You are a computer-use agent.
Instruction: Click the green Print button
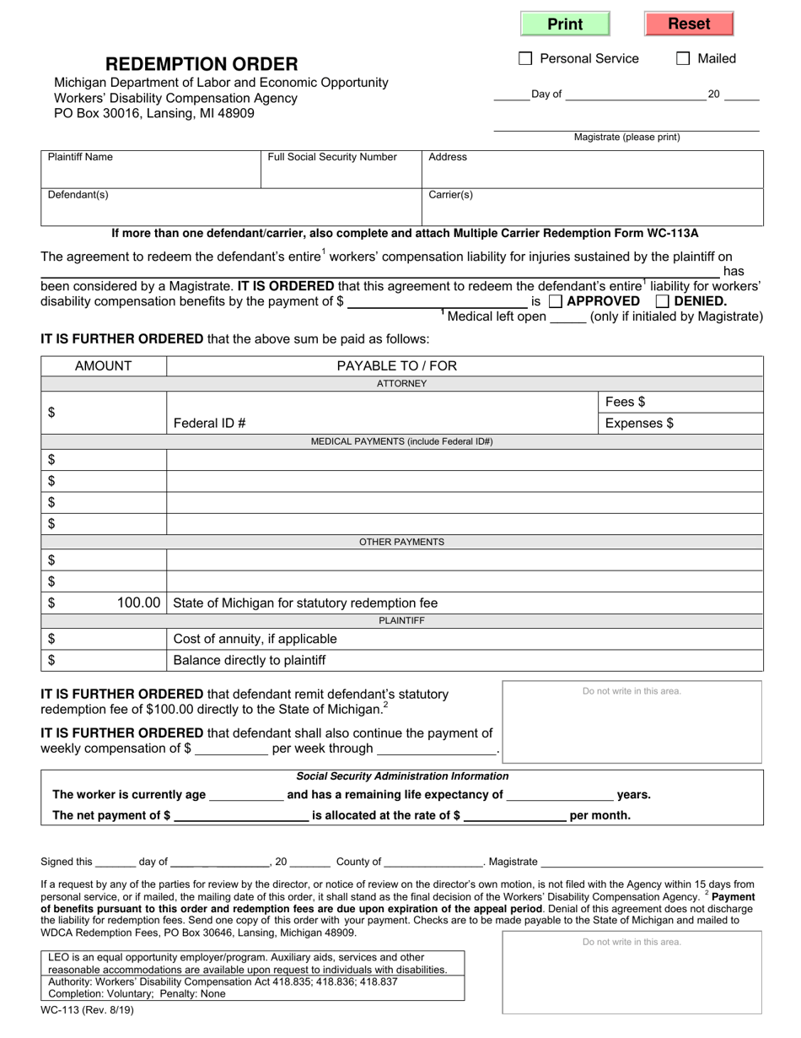[x=565, y=24]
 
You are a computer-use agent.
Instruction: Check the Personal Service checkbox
[x=525, y=58]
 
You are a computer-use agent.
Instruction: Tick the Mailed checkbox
[x=683, y=58]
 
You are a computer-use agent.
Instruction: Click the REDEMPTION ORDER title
[x=202, y=64]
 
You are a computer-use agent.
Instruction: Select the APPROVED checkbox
[x=556, y=301]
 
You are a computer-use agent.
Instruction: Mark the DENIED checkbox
[x=663, y=301]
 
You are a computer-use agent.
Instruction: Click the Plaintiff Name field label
[x=80, y=157]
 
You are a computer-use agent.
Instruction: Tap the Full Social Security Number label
[x=332, y=157]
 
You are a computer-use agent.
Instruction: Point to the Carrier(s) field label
[x=451, y=195]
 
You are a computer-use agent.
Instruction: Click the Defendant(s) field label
[x=78, y=195]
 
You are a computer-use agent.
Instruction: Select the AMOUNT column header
[x=104, y=366]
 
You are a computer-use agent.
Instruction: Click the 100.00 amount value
[x=138, y=603]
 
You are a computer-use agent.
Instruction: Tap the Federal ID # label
[x=209, y=424]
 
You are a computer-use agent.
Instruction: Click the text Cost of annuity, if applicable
[x=255, y=639]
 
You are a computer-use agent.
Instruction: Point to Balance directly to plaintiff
[x=249, y=660]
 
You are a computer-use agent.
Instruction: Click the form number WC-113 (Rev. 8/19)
[x=88, y=1009]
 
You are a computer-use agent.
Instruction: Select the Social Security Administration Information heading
[x=402, y=776]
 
